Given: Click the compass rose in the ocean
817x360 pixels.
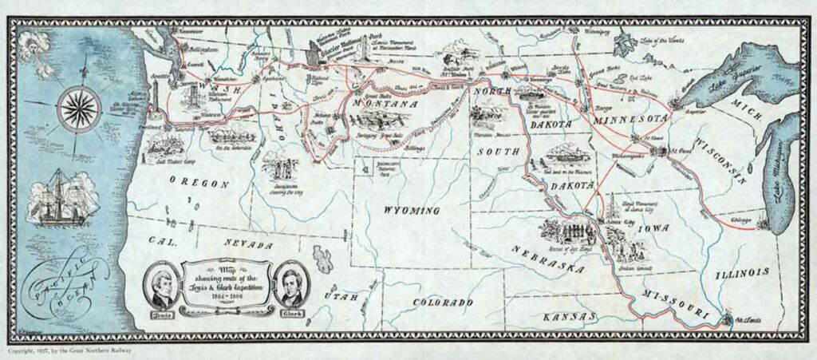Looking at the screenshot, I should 78,103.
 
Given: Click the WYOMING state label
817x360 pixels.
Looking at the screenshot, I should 412,211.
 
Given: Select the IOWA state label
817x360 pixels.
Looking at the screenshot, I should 654,228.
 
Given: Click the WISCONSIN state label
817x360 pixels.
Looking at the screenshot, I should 723,160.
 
